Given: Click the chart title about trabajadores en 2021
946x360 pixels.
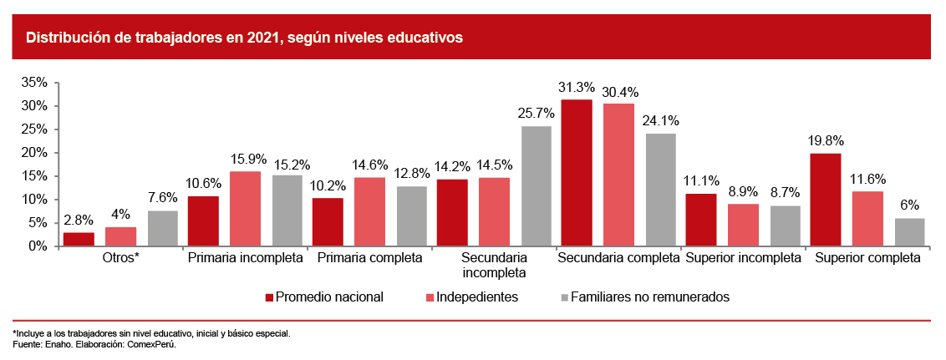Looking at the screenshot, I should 244,38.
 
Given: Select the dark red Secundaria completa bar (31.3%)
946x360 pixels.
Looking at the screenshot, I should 577,173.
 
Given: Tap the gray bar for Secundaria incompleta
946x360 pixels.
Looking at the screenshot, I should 536,186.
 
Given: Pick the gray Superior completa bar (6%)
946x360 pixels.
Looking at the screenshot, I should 910,232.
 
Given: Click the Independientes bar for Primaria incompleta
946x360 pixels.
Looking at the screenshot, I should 245,209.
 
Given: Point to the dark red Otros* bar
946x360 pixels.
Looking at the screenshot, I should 79,239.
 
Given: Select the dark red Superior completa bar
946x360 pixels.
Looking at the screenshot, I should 826,200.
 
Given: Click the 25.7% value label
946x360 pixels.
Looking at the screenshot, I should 537,113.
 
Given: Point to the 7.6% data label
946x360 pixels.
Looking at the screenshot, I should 163,197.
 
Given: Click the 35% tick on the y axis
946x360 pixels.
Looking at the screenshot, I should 34,82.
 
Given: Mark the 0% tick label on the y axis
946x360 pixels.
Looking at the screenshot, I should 38,246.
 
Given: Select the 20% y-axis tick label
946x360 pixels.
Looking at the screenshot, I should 34,153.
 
